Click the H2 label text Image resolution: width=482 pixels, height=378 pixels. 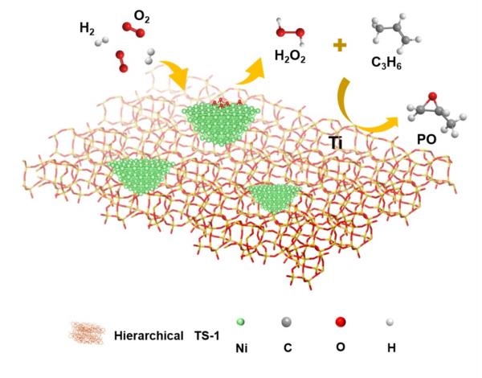[87, 29]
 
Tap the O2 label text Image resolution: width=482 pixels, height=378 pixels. [141, 17]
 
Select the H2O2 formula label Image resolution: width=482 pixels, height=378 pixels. [290, 56]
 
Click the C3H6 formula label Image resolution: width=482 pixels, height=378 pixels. [386, 63]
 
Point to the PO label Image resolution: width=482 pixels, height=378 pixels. [427, 140]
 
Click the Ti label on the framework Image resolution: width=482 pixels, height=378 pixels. [335, 143]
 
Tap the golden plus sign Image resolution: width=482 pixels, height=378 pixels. [340, 46]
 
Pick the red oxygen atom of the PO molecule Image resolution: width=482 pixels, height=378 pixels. [432, 96]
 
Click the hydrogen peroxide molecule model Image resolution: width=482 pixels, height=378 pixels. [291, 31]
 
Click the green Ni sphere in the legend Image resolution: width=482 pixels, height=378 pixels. [241, 323]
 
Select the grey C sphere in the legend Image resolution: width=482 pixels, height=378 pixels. [287, 322]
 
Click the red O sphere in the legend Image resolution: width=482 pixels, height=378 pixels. [341, 322]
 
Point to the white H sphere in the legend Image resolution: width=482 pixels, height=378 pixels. [390, 323]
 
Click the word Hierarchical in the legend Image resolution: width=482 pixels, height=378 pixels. [149, 335]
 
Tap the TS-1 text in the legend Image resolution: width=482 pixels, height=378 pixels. [207, 335]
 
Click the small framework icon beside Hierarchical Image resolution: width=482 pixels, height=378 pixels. [88, 334]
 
